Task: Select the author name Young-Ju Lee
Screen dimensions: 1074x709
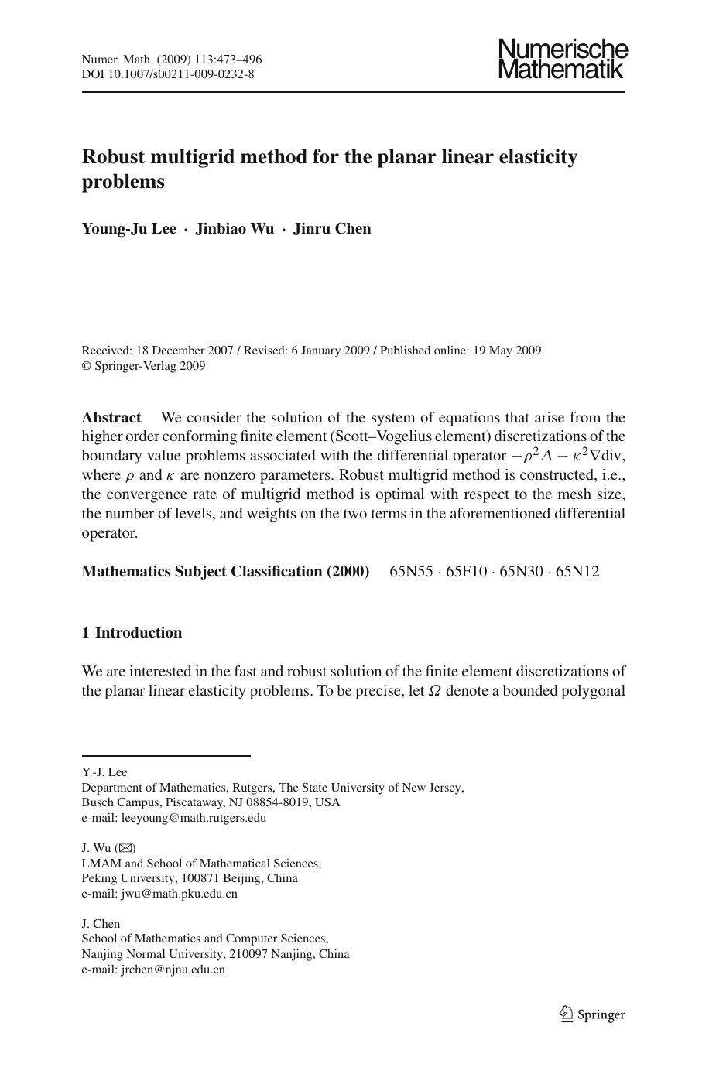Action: coord(128,229)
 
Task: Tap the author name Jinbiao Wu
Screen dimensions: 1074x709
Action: coord(234,229)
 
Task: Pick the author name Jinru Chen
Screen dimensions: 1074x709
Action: coord(332,229)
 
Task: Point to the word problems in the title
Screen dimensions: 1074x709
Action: coord(123,182)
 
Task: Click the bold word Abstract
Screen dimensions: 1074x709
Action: coord(111,418)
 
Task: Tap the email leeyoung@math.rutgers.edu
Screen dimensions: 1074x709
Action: coord(194,818)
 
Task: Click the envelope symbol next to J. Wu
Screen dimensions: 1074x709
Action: coord(125,849)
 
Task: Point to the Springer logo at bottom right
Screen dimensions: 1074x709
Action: coord(591,1014)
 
